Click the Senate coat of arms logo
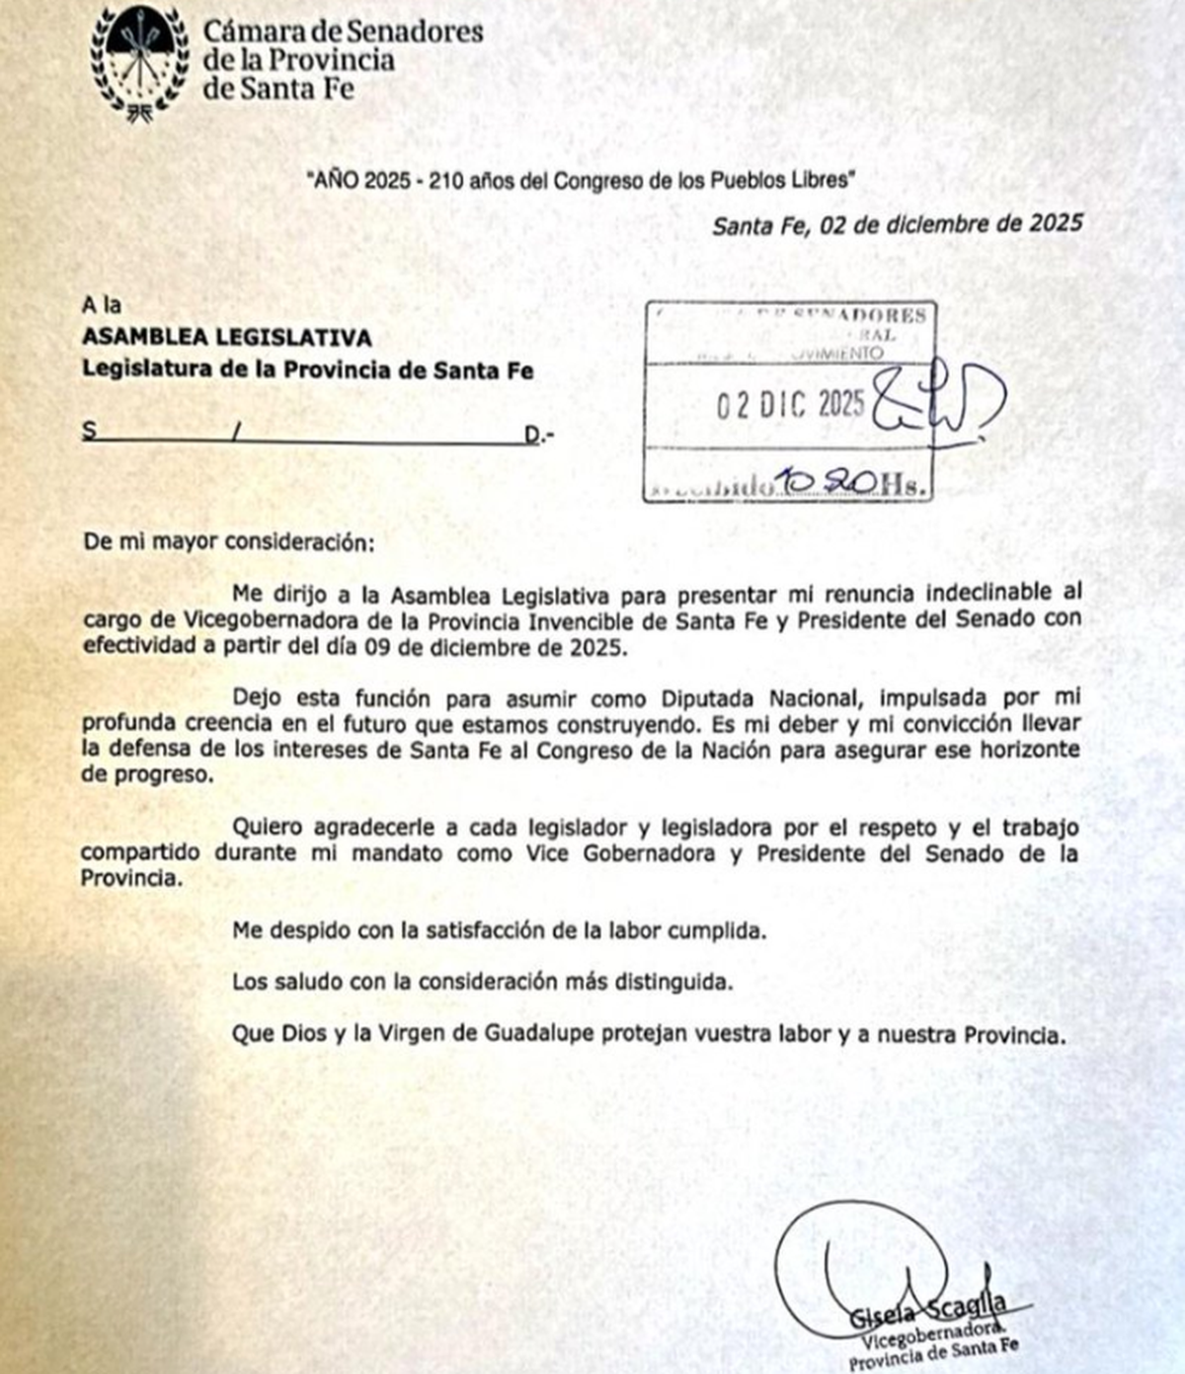tap(139, 61)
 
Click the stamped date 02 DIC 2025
tap(789, 404)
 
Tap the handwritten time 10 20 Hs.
tap(849, 482)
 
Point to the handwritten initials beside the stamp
tap(938, 402)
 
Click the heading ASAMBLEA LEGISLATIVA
tap(226, 338)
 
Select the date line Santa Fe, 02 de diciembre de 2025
tap(897, 223)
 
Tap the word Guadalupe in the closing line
tap(540, 1035)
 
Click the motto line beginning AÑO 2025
tap(579, 181)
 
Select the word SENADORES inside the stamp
tap(873, 316)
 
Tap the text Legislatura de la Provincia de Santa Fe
tap(307, 370)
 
